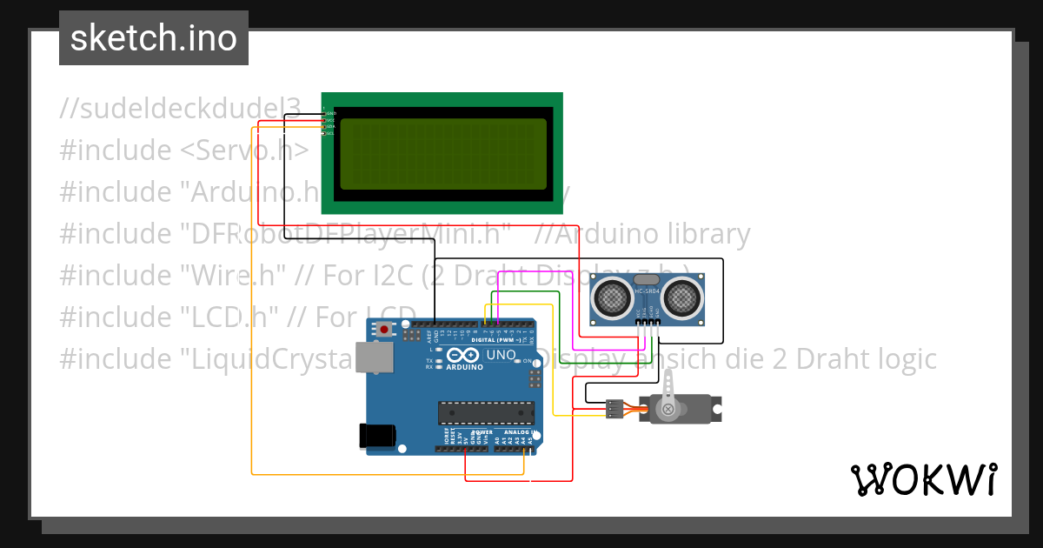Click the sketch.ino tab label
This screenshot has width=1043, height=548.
[x=153, y=38]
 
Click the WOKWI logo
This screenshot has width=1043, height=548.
[x=923, y=479]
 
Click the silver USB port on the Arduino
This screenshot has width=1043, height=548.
[x=375, y=357]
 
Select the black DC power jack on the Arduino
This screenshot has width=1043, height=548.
[x=378, y=435]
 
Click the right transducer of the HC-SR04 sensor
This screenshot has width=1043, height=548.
[x=682, y=298]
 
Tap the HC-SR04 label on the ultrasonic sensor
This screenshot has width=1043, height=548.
[x=647, y=291]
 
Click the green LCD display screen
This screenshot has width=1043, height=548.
[x=443, y=154]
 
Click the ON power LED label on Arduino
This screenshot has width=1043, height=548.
[x=528, y=360]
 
